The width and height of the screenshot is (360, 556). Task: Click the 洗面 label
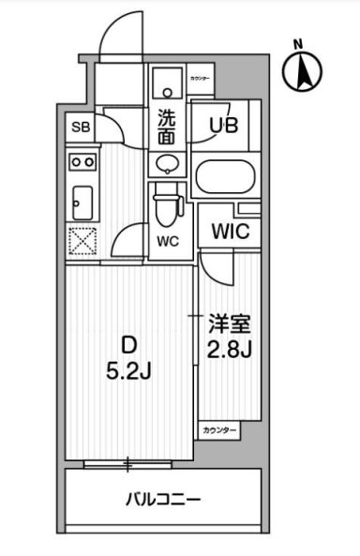pos(166,127)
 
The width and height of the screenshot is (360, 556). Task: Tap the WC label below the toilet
pos(167,240)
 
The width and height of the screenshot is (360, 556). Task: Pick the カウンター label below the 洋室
pos(217,430)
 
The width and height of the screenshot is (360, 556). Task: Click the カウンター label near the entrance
pos(199,79)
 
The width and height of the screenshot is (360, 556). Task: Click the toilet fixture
pos(166,205)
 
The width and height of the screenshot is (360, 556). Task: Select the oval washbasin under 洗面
pos(166,165)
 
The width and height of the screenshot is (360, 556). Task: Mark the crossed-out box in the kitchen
pos(81,241)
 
